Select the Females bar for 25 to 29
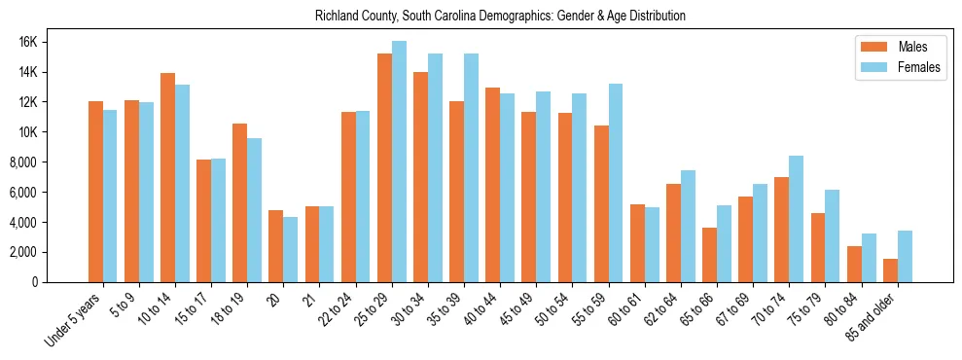point(399,162)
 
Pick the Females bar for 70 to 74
point(796,219)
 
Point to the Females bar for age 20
point(290,249)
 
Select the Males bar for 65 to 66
point(709,255)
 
